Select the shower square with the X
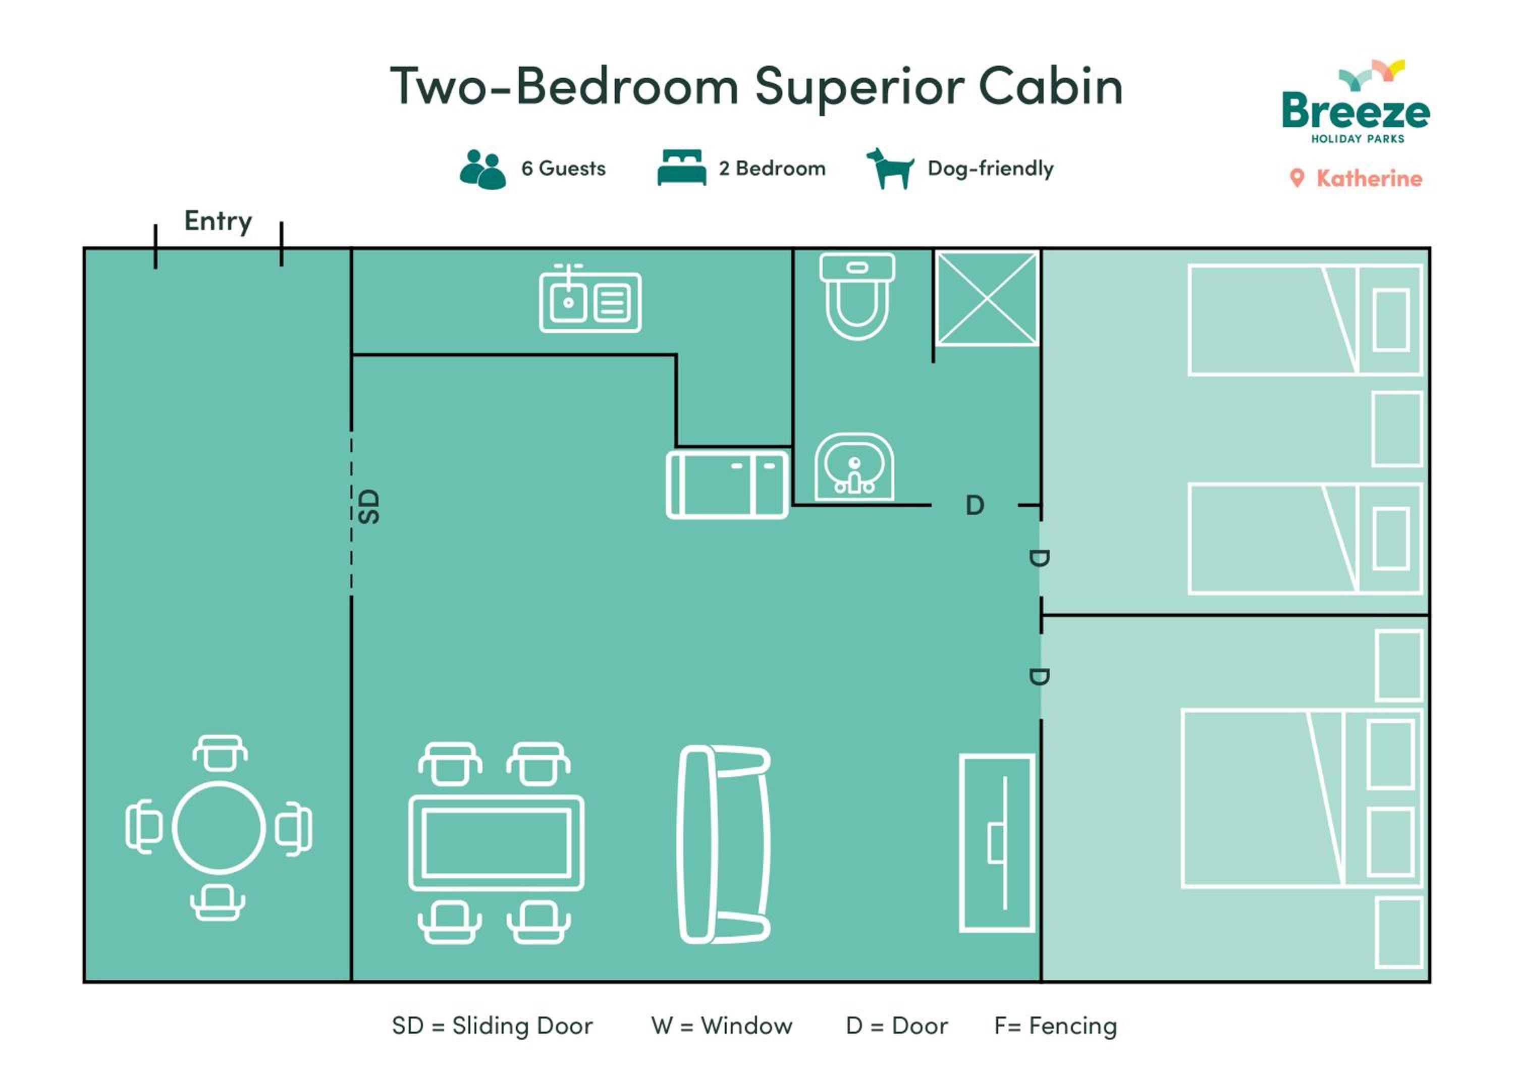pyautogui.click(x=987, y=299)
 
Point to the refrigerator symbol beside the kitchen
pyautogui.click(x=727, y=485)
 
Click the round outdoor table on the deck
pyautogui.click(x=219, y=828)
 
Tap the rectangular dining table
pyautogui.click(x=497, y=843)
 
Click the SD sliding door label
pyautogui.click(x=369, y=506)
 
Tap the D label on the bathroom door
pyautogui.click(x=975, y=506)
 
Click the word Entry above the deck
pyautogui.click(x=218, y=222)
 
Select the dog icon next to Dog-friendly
pyautogui.click(x=890, y=168)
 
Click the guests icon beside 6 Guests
pyautogui.click(x=482, y=170)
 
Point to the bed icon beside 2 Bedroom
pyautogui.click(x=682, y=168)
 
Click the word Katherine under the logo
pyautogui.click(x=1369, y=179)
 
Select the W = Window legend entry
pyautogui.click(x=721, y=1026)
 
